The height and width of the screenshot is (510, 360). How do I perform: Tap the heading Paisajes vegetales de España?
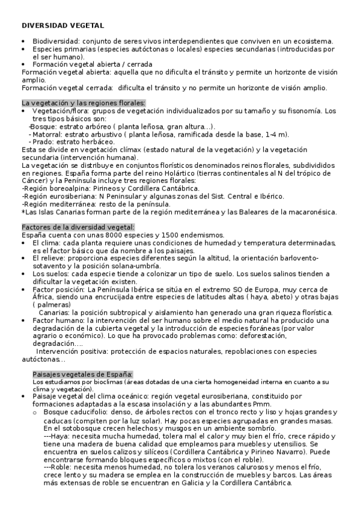click(82, 374)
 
